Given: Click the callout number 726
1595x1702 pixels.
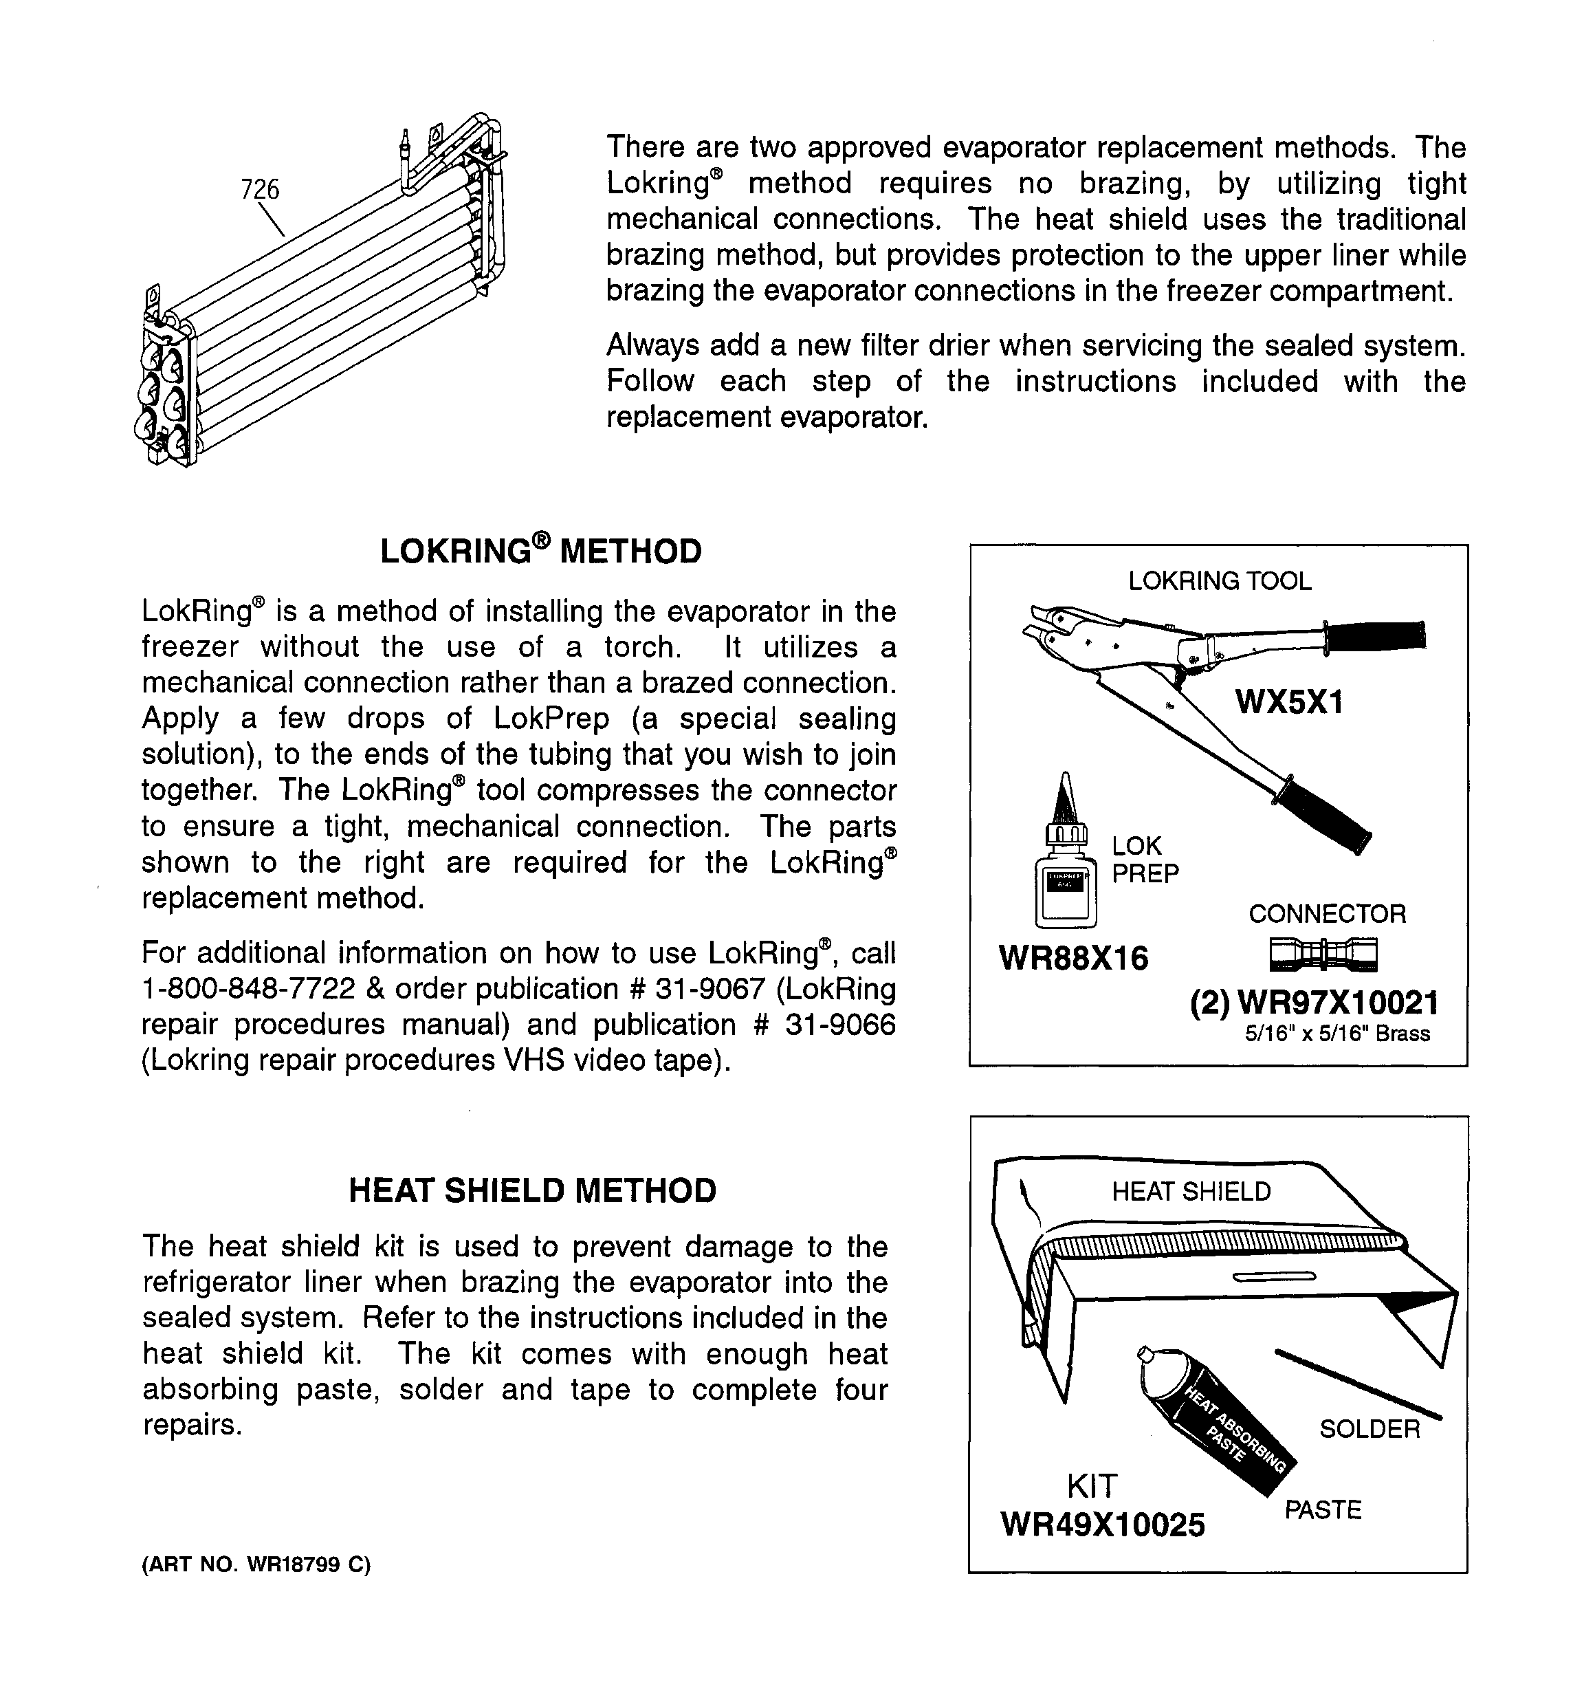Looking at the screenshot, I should coord(261,189).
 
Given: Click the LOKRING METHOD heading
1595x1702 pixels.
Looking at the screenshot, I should coord(540,552).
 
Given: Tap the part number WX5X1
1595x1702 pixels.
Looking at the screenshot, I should coord(1289,702).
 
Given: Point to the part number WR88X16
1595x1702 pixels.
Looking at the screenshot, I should coord(1074,958).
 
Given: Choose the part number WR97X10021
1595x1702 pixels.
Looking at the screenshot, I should coord(1337,1003).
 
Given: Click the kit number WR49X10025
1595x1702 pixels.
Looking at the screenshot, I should coord(1103,1524).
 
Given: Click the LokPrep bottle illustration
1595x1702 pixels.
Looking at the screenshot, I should coord(1065,864).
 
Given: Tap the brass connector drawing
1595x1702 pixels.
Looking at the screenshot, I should coord(1323,954).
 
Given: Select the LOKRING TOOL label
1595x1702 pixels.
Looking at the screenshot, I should coord(1219,581).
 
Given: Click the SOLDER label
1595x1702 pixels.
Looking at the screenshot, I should coord(1369,1429).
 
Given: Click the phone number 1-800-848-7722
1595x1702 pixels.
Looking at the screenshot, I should coord(248,989).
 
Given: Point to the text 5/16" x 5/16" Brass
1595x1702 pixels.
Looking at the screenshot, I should coord(1337,1034).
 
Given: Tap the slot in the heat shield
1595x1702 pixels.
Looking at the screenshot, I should coord(1273,1277).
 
